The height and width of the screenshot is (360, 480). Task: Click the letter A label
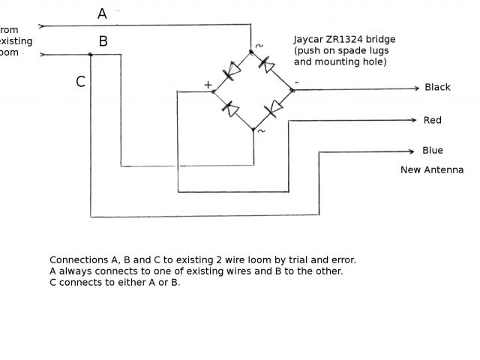point(102,13)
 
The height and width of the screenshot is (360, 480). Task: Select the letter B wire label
point(103,41)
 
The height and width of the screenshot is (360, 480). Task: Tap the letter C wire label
point(80,82)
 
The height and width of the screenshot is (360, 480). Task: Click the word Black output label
point(437,87)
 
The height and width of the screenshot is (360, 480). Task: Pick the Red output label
point(432,120)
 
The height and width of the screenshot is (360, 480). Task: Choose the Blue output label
point(433,150)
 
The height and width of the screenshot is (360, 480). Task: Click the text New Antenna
point(432,170)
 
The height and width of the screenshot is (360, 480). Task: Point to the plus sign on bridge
point(208,85)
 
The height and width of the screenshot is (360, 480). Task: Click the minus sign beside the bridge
point(296,81)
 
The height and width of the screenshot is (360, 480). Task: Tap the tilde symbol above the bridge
point(259,46)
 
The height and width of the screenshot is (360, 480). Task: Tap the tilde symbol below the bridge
point(261,131)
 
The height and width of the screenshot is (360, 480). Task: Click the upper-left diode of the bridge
point(232,71)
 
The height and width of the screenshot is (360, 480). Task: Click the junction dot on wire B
point(90,54)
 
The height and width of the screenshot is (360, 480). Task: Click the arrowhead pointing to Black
point(415,88)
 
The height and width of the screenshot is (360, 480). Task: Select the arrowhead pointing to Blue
point(411,151)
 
